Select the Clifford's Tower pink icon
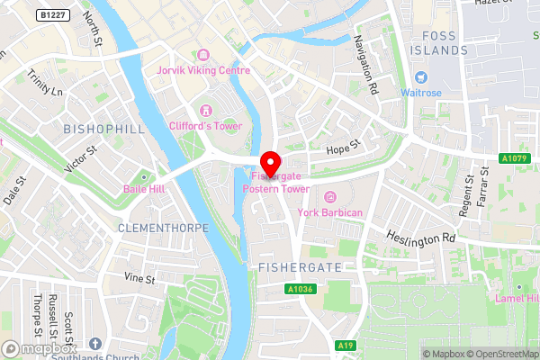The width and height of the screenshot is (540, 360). (205, 110)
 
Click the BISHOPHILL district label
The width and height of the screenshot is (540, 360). (104, 130)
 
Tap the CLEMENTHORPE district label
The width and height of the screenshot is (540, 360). (162, 229)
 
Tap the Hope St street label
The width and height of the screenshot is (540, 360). (343, 145)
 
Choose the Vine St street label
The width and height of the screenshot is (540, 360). (139, 280)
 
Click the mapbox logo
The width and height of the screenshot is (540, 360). (40, 347)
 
